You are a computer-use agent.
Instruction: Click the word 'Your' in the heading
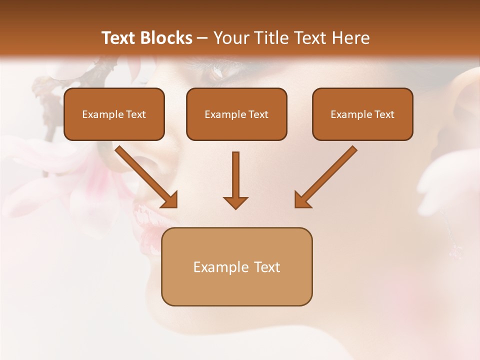click(x=228, y=38)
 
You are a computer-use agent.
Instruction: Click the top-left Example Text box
click(x=114, y=114)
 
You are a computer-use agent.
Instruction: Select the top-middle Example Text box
click(x=236, y=114)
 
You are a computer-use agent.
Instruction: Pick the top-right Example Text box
click(x=362, y=114)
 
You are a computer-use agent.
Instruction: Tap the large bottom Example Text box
click(x=236, y=266)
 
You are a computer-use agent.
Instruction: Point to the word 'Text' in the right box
click(x=384, y=114)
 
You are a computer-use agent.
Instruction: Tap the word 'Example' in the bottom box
click(x=220, y=267)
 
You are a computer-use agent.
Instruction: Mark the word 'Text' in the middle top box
click(x=258, y=114)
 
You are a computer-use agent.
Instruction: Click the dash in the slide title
click(x=202, y=38)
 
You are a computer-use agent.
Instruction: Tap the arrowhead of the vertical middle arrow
click(x=235, y=202)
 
